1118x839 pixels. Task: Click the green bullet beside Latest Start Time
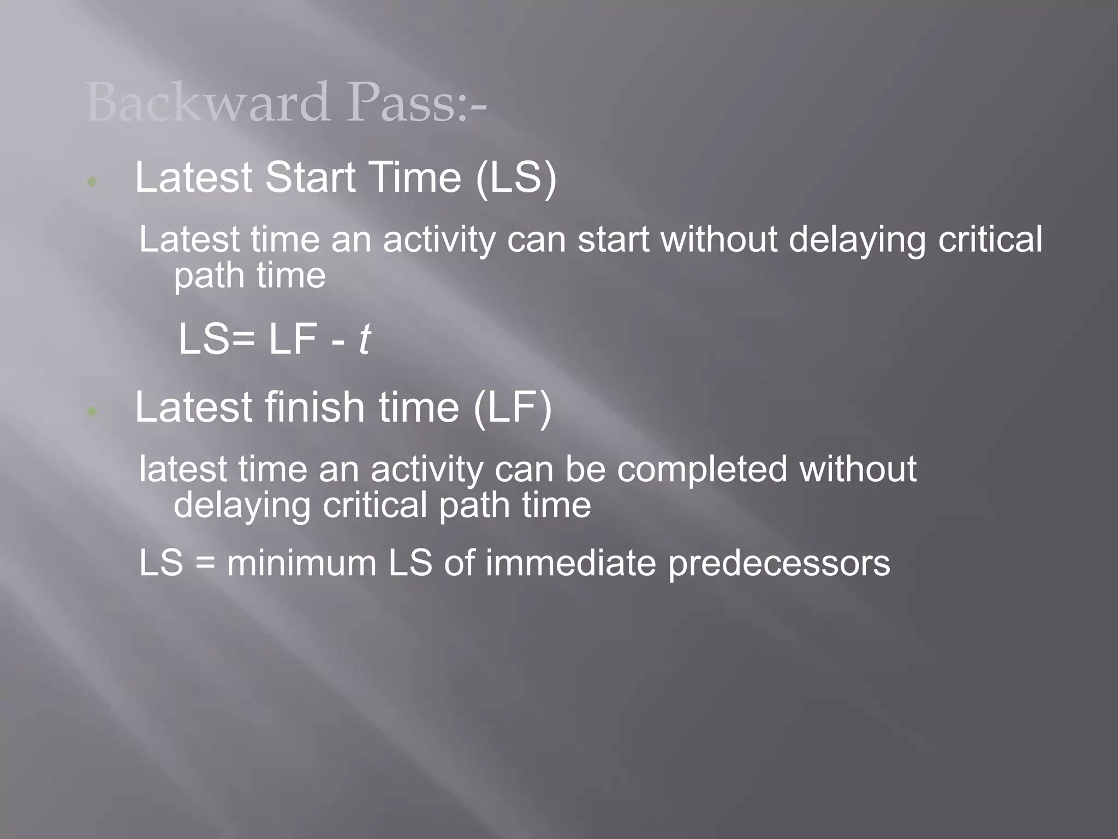92,181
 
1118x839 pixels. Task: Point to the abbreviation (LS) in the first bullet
516,178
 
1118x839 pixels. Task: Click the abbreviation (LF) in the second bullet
513,407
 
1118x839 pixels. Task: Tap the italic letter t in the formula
364,339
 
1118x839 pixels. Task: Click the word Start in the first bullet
310,178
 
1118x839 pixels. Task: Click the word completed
702,469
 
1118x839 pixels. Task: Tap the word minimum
302,563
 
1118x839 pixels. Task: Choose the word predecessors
779,564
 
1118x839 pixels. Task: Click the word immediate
570,563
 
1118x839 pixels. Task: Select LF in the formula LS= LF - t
293,339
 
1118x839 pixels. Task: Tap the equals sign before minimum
205,564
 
